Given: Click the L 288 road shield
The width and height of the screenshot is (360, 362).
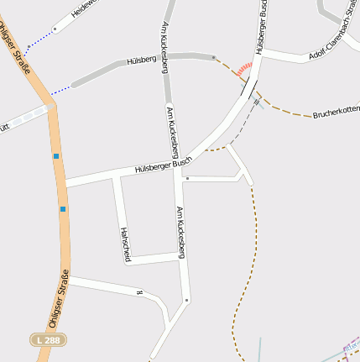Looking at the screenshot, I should [48, 339].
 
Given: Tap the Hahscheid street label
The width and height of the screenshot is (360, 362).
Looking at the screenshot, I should [125, 244].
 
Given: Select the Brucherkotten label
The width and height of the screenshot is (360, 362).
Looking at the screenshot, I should [336, 110].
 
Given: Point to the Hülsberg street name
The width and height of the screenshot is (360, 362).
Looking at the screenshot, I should [142, 61].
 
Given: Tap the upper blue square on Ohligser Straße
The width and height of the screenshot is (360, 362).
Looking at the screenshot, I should [56, 155].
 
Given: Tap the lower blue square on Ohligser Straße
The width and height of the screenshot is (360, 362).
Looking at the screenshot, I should [62, 208].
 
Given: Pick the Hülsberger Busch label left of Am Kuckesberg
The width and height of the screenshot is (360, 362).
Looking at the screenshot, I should [164, 165].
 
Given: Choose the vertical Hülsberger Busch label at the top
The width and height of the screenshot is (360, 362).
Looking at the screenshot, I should [263, 27].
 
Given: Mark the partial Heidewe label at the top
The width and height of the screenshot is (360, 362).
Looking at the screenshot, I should [84, 8].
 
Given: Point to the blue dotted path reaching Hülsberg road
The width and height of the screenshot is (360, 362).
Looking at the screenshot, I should [61, 90].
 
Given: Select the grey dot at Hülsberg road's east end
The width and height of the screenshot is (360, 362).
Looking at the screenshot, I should [214, 58].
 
